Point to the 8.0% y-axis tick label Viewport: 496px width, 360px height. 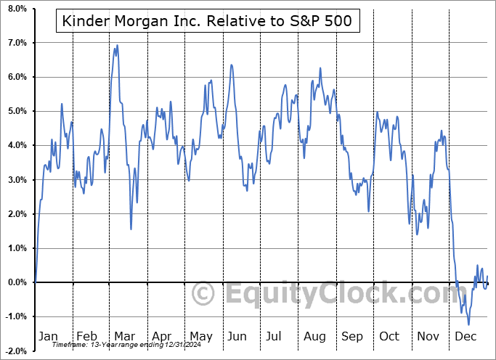(x=17, y=9)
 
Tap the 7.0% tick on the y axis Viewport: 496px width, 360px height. (x=17, y=43)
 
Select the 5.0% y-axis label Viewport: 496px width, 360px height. (x=17, y=111)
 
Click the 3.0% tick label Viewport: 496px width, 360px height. (x=17, y=179)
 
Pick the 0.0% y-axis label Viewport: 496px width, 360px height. (x=17, y=282)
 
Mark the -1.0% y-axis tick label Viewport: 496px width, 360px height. (x=15, y=316)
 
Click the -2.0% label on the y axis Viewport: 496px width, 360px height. (x=15, y=351)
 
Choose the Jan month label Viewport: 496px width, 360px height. (x=48, y=337)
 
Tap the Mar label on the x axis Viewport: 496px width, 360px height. (x=123, y=337)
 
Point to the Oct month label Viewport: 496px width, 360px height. (x=390, y=337)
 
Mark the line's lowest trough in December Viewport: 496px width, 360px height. (x=468, y=324)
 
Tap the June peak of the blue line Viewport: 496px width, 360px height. (x=231, y=65)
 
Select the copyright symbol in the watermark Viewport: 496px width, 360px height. (x=205, y=294)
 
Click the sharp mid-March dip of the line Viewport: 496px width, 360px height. (x=131, y=229)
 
